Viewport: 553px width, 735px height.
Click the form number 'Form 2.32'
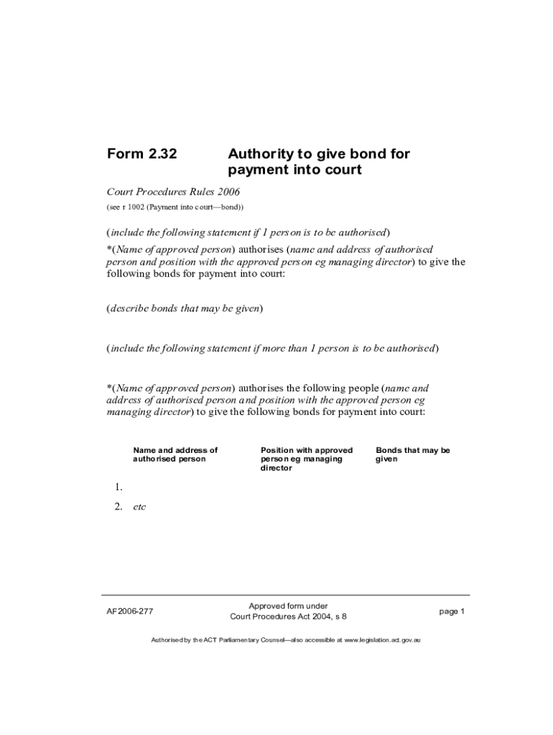pos(142,154)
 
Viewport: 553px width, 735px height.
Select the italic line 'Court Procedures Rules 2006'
pos(173,192)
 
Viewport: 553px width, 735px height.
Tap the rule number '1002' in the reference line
pos(136,207)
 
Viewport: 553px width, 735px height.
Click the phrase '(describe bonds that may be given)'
pos(185,309)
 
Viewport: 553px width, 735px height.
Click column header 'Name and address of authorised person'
pos(175,454)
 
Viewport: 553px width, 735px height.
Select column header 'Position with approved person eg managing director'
pos(307,459)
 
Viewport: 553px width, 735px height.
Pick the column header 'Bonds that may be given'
pos(413,454)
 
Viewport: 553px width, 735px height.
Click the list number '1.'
pos(118,487)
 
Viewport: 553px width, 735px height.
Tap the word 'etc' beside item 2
pos(139,507)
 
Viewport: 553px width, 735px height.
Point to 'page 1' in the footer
pos(452,612)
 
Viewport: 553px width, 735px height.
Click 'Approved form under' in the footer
pos(288,606)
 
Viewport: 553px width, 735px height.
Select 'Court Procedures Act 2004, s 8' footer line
pos(288,617)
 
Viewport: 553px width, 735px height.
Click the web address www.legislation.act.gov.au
pos(382,639)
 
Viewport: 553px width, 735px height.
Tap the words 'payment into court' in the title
pos(294,171)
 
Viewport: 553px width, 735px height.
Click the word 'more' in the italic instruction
pos(276,349)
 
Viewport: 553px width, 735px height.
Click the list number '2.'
pos(118,507)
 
